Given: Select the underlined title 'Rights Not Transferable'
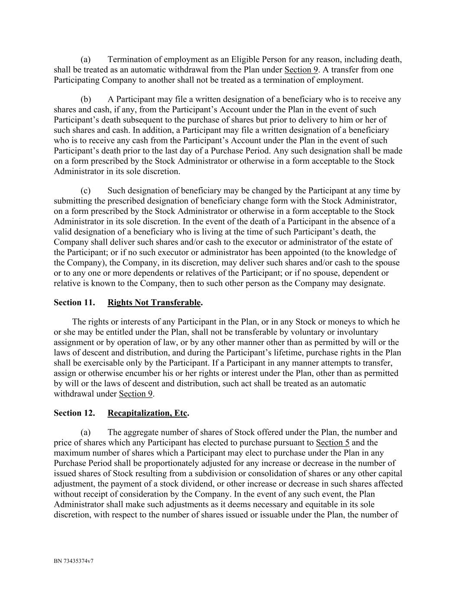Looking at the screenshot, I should pyautogui.click(x=154, y=303).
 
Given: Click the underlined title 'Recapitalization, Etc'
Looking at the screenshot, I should pyautogui.click(x=147, y=413).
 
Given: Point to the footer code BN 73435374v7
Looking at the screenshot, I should pyautogui.click(x=74, y=561).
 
